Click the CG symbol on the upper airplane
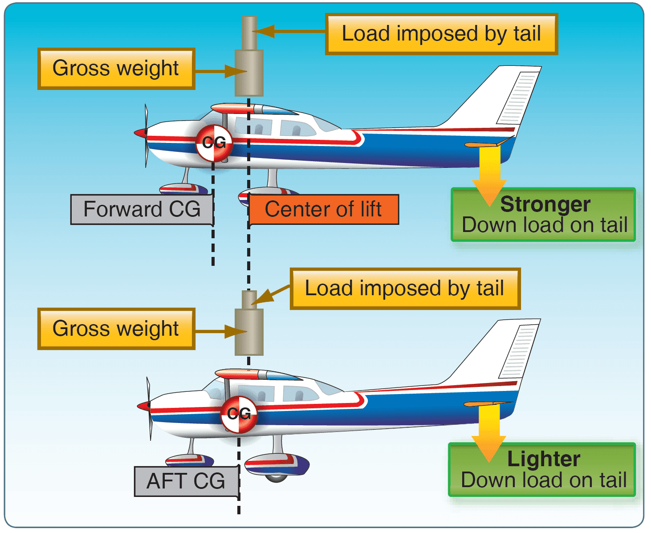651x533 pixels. pos(214,143)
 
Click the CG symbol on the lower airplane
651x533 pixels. pos(239,414)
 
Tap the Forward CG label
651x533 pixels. pos(142,209)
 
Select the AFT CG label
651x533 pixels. pos(186,481)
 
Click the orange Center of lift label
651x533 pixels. pos(323,209)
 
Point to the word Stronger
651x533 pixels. pos(545,204)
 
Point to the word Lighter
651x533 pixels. pos(544,459)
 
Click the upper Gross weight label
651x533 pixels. pos(116,69)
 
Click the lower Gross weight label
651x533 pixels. pos(116,329)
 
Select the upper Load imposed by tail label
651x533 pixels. pos(441,34)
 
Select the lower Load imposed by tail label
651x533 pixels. pos(404,289)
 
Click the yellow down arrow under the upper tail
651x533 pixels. pos(489,174)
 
